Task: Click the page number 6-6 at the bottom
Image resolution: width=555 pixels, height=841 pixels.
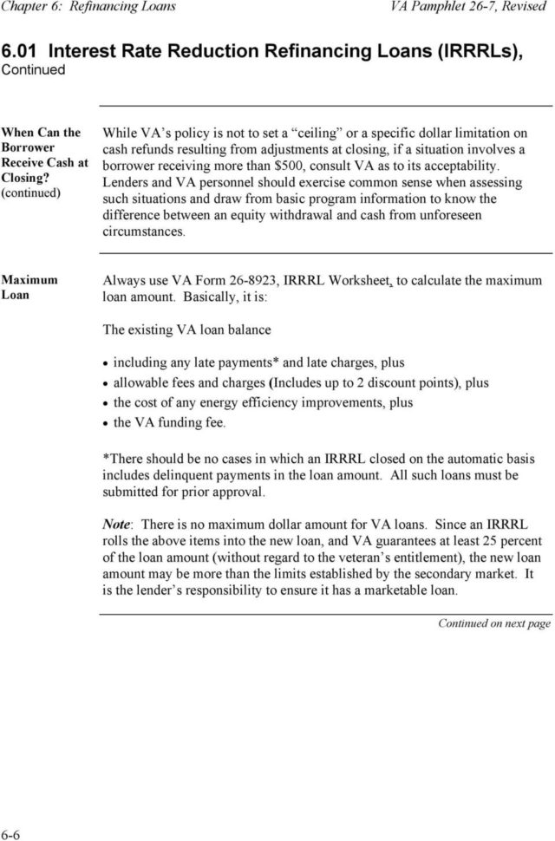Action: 12,834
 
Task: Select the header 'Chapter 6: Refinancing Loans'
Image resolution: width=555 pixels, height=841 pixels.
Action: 101,7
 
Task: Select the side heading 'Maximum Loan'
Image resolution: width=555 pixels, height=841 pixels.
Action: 29,288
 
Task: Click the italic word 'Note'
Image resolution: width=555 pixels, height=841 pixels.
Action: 117,525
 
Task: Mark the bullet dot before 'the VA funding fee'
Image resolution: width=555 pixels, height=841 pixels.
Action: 107,424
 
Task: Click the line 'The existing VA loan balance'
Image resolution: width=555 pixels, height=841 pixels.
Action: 186,329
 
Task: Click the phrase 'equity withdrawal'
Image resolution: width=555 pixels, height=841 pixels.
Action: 285,216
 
